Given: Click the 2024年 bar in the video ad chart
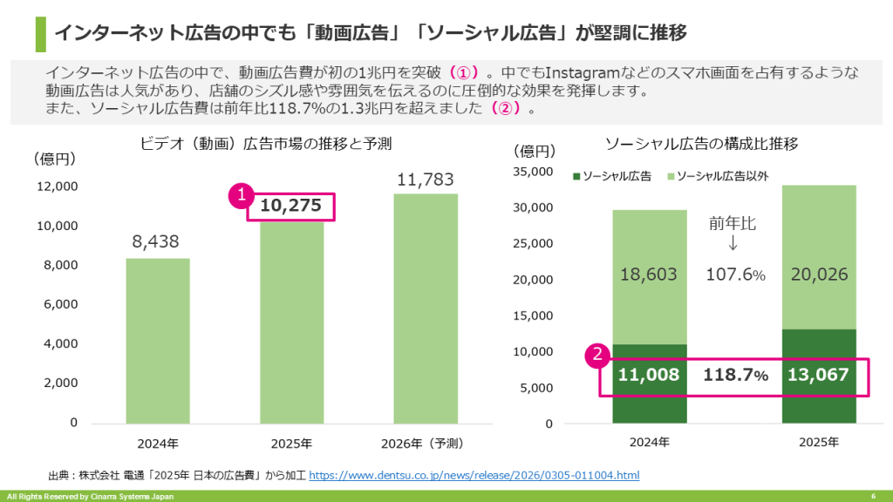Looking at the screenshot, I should pos(158,340).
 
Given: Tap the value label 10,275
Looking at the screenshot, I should pos(291,206).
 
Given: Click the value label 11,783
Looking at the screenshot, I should pos(426,180).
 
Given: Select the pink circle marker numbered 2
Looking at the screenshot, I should pos(596,354).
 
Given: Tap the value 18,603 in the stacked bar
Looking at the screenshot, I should pos(649,275).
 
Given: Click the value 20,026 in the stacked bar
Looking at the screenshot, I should pos(819,275).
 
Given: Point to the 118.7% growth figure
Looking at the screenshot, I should pos(736,376).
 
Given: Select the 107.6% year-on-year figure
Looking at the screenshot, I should pos(735,275).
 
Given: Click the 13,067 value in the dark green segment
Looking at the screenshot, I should pos(818,376).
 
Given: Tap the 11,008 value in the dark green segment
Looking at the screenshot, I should pos(649,376).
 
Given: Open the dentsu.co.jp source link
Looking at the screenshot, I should pos(474,475).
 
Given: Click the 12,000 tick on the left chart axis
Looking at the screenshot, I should pos(57,187).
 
